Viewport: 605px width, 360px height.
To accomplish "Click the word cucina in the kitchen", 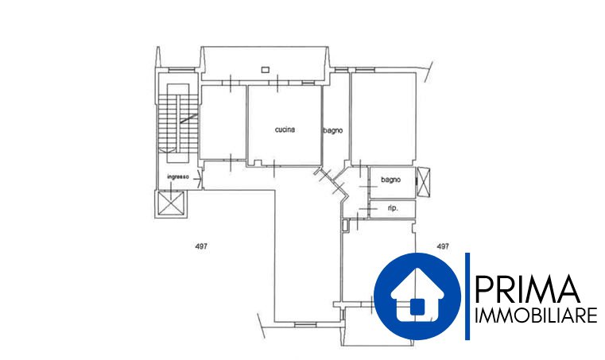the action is [x=285, y=130].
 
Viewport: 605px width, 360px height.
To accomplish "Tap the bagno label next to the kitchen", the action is [x=332, y=131].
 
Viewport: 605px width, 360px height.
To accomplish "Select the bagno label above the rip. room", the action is [x=390, y=180].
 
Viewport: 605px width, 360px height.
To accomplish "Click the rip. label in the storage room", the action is [x=393, y=208].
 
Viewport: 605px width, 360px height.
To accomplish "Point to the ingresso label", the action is [x=178, y=177].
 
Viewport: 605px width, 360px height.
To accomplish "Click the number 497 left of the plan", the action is [x=201, y=246].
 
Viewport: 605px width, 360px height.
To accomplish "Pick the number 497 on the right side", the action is [x=443, y=246].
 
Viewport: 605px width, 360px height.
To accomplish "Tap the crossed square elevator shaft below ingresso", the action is [x=170, y=204].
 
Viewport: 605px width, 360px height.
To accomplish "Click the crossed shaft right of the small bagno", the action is [x=423, y=181].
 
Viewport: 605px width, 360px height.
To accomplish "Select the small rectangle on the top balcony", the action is [x=265, y=70].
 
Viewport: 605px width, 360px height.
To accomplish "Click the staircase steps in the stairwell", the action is [x=178, y=122].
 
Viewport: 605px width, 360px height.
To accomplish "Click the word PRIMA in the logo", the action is [x=527, y=289].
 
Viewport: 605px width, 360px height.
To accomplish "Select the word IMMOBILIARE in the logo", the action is [x=536, y=315].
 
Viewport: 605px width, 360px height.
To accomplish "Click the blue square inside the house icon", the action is [x=417, y=307].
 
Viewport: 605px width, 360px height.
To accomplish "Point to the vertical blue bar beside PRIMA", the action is [x=467, y=296].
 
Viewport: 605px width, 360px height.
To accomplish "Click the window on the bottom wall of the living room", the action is [x=305, y=324].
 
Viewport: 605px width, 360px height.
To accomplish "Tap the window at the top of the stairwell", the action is [x=181, y=69].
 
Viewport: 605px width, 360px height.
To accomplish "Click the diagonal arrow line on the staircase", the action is [x=189, y=119].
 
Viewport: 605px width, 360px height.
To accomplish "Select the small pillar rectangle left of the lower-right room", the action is [x=346, y=225].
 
